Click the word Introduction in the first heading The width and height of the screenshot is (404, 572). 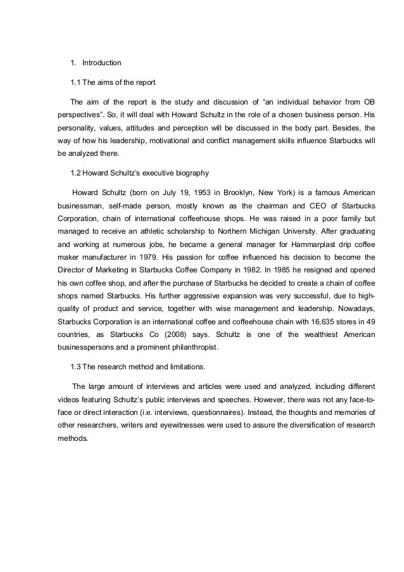pos(102,63)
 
